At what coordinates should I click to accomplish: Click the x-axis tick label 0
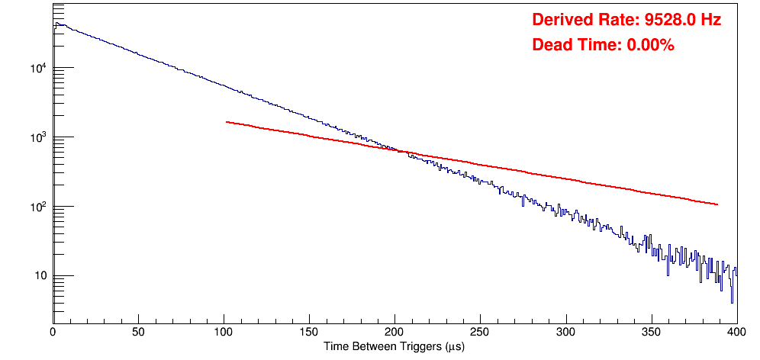(53, 331)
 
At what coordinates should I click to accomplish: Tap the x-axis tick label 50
(138, 331)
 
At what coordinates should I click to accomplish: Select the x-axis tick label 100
(224, 331)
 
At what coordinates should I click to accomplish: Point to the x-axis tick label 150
(309, 331)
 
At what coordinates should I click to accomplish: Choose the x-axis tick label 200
(394, 331)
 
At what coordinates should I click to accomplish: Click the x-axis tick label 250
(480, 331)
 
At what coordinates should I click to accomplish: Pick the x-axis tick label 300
(565, 331)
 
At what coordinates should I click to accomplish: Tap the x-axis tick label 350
(651, 331)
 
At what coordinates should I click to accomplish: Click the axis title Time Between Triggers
(394, 346)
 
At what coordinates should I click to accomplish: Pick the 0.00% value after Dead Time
(650, 46)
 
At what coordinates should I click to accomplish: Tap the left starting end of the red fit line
(227, 122)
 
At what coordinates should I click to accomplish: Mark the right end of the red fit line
(717, 204)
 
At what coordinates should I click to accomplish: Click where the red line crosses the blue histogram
(400, 151)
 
